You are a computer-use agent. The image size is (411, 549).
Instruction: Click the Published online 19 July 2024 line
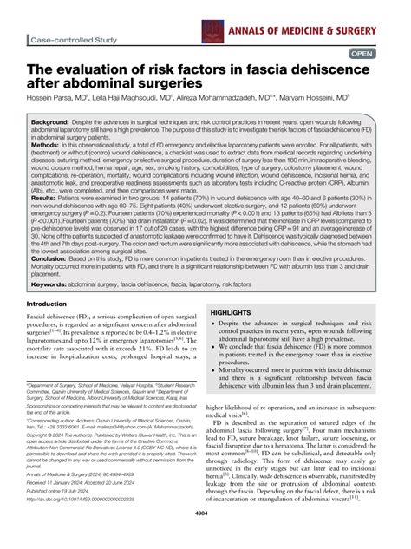[x=69, y=515]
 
